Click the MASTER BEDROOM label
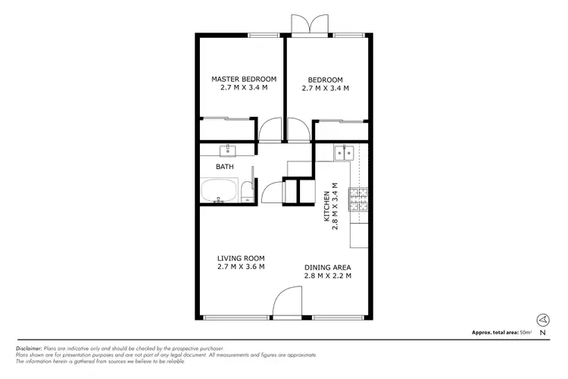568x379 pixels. [243, 79]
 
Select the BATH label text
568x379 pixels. [225, 167]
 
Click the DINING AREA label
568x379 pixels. [327, 268]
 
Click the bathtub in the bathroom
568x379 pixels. [220, 191]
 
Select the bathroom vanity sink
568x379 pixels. [228, 149]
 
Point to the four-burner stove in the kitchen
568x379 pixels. [357, 199]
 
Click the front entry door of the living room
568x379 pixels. [286, 303]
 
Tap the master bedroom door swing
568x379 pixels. [269, 130]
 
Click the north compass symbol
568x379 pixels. [542, 320]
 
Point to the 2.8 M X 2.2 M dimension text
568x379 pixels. [327, 277]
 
